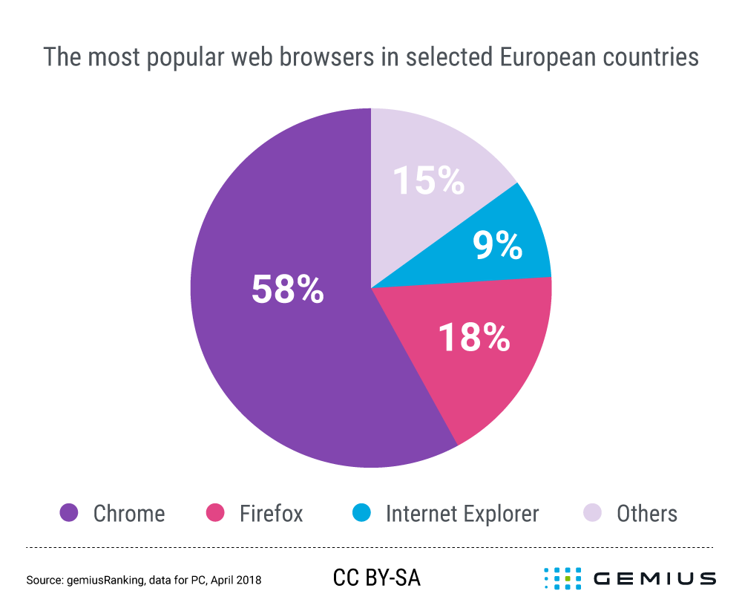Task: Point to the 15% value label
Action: (428, 180)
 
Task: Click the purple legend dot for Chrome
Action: (69, 513)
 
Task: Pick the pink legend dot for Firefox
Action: (215, 513)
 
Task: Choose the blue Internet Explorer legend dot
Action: (361, 513)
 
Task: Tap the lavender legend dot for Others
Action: (593, 513)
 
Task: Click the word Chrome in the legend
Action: (129, 513)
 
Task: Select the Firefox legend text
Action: (271, 513)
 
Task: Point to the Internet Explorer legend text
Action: (462, 513)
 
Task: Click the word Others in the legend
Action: (647, 513)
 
